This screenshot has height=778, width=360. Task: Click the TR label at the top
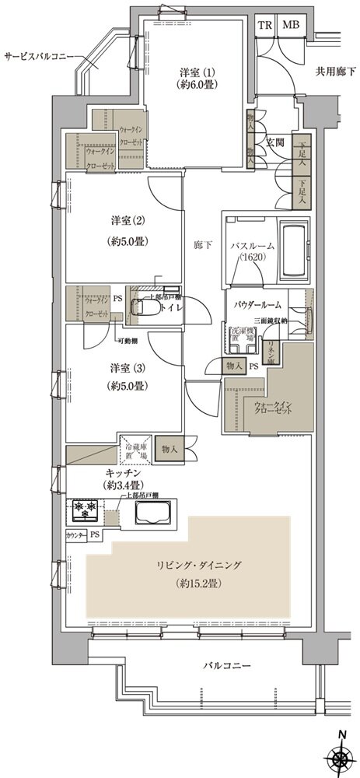[x=264, y=25]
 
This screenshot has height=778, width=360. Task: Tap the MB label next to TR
[x=290, y=25]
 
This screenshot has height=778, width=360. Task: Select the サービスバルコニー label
[x=39, y=57]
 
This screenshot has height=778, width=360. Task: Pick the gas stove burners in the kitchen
[x=82, y=510]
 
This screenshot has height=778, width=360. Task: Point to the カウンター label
[x=75, y=535]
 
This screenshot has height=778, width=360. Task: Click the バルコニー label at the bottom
[x=228, y=668]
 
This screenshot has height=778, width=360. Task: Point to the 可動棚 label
[x=128, y=340]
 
